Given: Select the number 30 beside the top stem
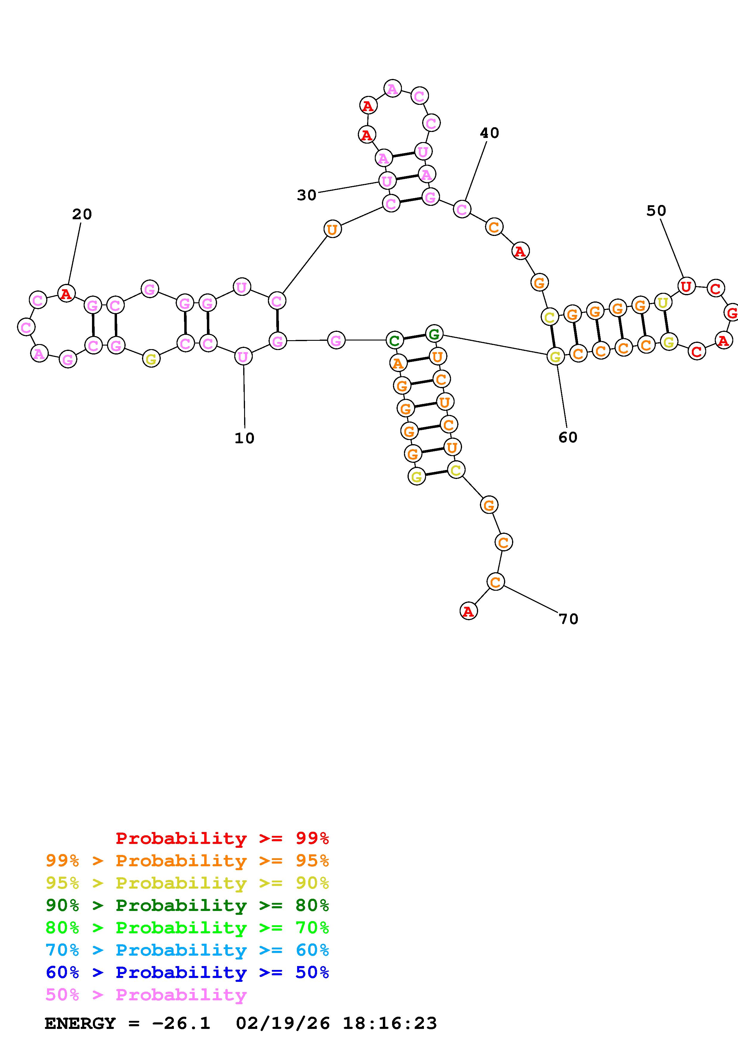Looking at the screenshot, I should pyautogui.click(x=306, y=195).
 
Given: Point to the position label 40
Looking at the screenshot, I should pyautogui.click(x=489, y=133).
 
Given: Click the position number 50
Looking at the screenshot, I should pyautogui.click(x=656, y=211).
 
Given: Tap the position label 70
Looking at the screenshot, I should pyautogui.click(x=568, y=619).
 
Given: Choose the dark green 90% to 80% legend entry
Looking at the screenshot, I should pyautogui.click(x=187, y=905).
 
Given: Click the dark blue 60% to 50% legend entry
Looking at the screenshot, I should pyautogui.click(x=187, y=972).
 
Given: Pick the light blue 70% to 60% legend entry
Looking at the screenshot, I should pyautogui.click(x=187, y=950).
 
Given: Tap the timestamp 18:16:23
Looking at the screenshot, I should pyautogui.click(x=390, y=1023).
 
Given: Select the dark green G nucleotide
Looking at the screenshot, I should pyautogui.click(x=434, y=334).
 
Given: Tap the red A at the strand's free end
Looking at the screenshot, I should pyautogui.click(x=468, y=612).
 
